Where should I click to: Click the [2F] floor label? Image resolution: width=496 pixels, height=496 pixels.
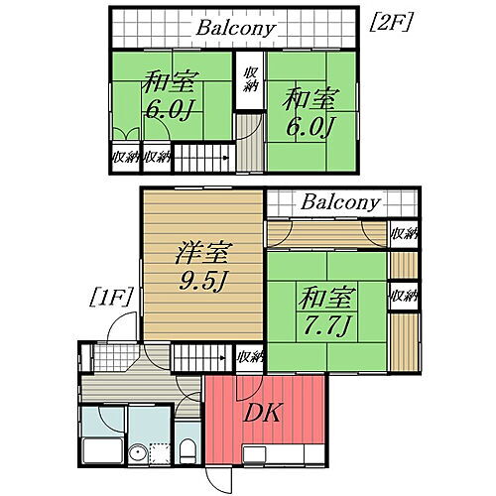[392, 21]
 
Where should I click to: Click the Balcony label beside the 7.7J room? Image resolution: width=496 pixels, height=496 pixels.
[340, 203]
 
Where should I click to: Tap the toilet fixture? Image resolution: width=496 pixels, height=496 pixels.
[186, 452]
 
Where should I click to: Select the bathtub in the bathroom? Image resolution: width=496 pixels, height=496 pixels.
[102, 452]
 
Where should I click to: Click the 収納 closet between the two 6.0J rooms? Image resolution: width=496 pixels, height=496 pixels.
[247, 78]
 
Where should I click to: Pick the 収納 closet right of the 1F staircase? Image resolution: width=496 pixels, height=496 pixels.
[250, 357]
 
